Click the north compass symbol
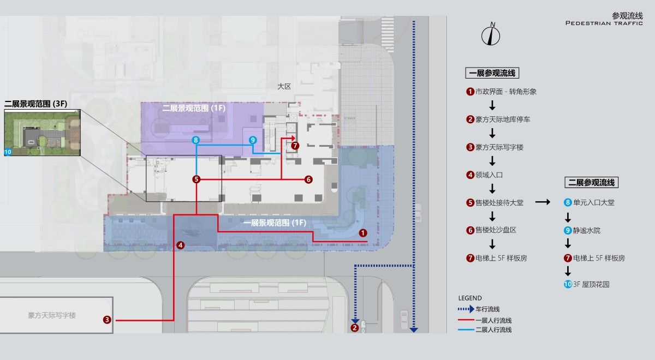coord(491,35)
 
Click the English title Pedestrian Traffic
coord(604,23)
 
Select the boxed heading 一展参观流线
coord(492,73)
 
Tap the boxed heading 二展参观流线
coord(591,183)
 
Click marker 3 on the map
coord(107,320)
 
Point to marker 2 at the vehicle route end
coord(354,328)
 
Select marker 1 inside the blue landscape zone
coord(363,233)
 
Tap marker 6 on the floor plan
coord(308,179)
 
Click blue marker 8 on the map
coord(195,140)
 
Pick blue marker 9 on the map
coord(253,140)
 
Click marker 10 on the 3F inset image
coord(8,152)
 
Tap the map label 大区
coord(284,87)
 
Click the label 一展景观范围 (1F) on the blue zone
coord(275,223)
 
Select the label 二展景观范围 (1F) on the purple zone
coord(194,108)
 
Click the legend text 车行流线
coord(487,309)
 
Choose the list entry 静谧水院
coord(586,231)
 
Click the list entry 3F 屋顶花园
coord(591,284)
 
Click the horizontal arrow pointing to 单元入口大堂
coord(543,202)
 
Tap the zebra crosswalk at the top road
coord(388,34)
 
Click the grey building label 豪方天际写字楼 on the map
coord(52,315)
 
